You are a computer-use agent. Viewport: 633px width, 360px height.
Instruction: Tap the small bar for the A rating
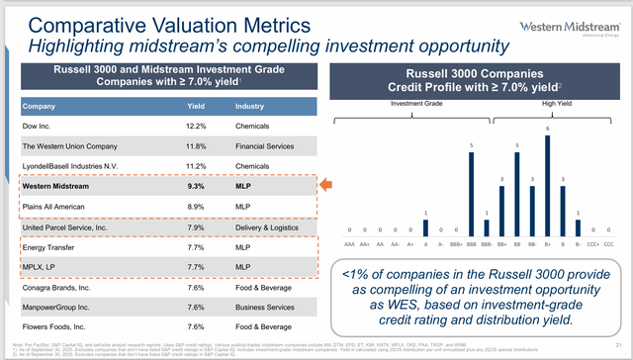(x=424, y=223)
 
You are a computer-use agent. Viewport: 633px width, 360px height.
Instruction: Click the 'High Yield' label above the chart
(x=555, y=102)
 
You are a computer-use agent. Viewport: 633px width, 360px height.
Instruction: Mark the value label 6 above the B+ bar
(x=547, y=129)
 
